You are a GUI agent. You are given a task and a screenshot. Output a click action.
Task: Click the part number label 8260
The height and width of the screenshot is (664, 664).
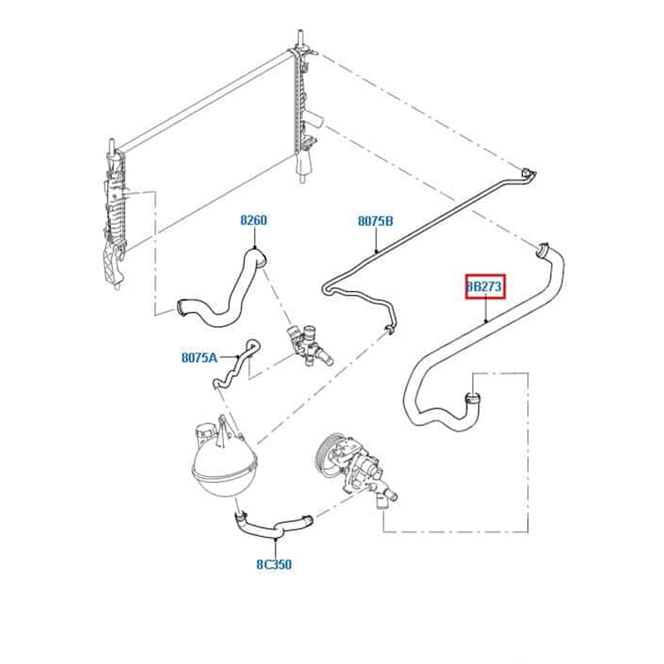click(253, 220)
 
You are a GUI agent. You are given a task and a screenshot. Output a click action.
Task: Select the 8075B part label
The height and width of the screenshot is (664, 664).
click(376, 221)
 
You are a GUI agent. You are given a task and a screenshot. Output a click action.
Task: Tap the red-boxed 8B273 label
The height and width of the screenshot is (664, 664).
click(486, 286)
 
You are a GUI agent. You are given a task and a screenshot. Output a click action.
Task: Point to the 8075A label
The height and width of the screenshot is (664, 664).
click(199, 358)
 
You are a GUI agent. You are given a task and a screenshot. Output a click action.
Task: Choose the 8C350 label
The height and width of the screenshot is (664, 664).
click(274, 564)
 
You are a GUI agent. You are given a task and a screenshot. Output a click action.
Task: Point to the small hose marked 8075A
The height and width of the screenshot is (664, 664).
click(237, 364)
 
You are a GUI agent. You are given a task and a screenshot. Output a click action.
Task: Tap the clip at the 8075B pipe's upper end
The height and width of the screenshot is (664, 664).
click(528, 174)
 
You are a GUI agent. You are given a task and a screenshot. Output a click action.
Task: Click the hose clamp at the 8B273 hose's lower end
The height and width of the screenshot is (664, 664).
click(472, 398)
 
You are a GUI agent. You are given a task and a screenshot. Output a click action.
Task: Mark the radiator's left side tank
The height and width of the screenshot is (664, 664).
click(115, 216)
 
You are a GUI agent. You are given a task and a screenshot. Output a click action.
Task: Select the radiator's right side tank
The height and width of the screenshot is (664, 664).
click(303, 106)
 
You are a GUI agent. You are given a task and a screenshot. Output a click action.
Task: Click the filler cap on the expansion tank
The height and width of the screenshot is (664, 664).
click(204, 432)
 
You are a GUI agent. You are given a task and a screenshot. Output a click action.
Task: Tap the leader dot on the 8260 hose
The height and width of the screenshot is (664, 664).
click(255, 247)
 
